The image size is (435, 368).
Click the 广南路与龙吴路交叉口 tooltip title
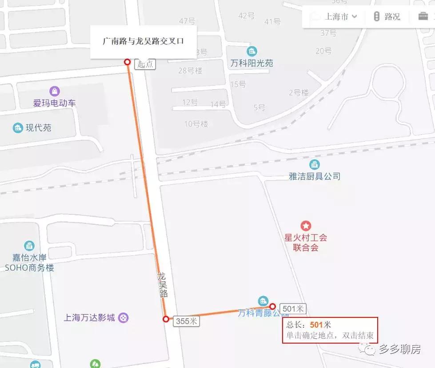click(x=143, y=41)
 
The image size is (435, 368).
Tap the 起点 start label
click(x=145, y=64)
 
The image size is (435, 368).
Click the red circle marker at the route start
click(x=128, y=62)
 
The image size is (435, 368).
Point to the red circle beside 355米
click(x=166, y=319)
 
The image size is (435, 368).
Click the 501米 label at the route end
click(x=293, y=309)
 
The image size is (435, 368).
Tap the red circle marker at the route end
click(x=272, y=306)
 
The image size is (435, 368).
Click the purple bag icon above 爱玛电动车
click(x=54, y=91)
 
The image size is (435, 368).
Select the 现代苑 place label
click(x=38, y=128)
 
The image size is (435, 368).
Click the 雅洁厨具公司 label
click(x=315, y=176)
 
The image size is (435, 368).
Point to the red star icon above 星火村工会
click(x=306, y=226)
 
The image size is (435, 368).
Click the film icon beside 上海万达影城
click(x=124, y=317)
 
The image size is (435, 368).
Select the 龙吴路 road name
click(x=162, y=285)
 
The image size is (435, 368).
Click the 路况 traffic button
click(x=387, y=17)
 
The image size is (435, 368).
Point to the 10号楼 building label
click(x=196, y=124)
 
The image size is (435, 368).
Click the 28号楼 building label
click(x=190, y=70)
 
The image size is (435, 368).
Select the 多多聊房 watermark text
click(x=399, y=349)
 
